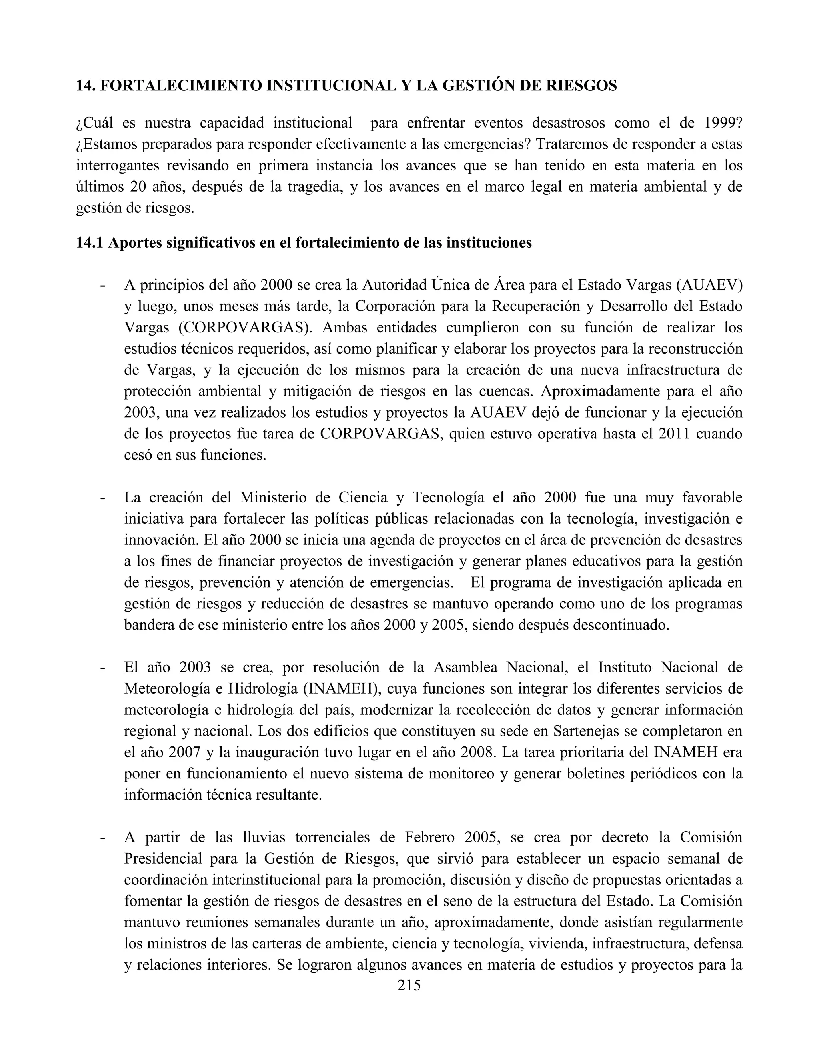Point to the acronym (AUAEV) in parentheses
tap(708, 285)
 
